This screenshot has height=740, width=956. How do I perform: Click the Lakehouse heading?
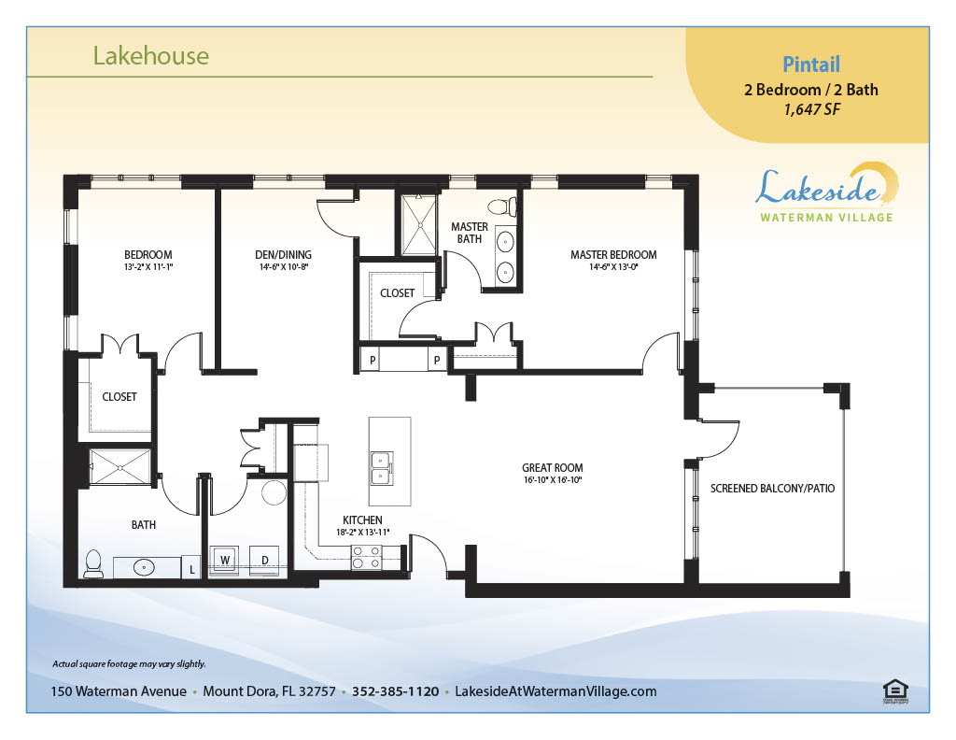coord(150,56)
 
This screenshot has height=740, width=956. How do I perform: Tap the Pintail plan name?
coord(811,64)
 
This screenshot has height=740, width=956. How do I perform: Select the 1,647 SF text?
coord(811,110)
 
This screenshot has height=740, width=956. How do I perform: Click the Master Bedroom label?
coord(613,255)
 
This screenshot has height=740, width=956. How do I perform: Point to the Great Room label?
coord(553,468)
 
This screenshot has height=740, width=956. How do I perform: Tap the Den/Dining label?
coord(283,255)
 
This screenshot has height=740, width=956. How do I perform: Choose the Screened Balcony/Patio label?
coord(772,489)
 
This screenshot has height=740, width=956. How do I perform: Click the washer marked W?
coord(224,560)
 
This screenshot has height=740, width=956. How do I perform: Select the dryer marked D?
coord(264,560)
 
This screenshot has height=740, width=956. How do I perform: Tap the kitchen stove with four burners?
coord(367,558)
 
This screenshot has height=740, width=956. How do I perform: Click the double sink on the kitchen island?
coord(382,468)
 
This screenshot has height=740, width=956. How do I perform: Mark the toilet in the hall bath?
coord(93,563)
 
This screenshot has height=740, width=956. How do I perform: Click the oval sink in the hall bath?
coord(144,567)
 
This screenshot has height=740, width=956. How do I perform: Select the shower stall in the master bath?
coord(419,224)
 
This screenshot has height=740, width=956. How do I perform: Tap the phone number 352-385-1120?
coord(395,691)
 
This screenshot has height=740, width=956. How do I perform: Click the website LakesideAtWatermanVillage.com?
coord(555,691)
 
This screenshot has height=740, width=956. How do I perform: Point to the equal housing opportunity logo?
coord(895,692)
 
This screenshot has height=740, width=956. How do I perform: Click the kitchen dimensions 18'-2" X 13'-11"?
coord(363,532)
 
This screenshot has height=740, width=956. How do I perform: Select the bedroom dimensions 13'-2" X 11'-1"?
coord(148,266)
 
